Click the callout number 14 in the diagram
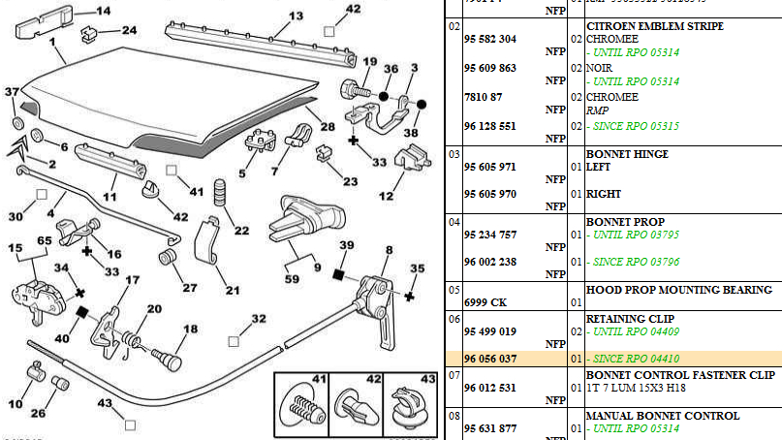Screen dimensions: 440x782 coord(103,12)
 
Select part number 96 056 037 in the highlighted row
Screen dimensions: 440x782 coord(489,359)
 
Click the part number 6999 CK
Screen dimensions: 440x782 coord(485,302)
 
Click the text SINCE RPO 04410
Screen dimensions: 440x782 coord(639,359)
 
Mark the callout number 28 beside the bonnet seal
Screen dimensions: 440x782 coord(328,127)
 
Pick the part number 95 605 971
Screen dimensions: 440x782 coord(489,167)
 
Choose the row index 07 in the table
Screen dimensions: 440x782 coord(453,374)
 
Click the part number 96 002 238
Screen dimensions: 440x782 coord(489,262)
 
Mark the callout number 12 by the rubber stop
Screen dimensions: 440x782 coord(386,197)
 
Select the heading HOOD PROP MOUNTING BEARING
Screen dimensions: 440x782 coord(678,289)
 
